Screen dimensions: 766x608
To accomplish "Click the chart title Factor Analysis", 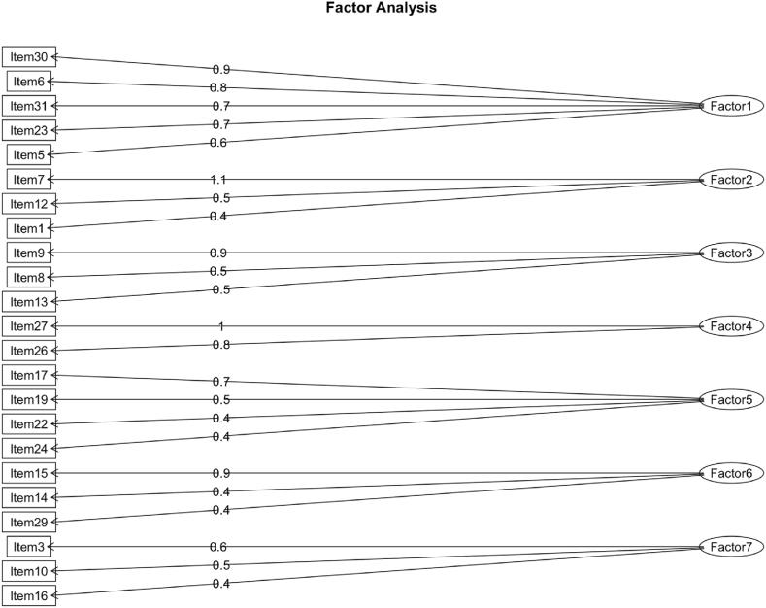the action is tap(382, 9).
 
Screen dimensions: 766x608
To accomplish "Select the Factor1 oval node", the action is tap(731, 106).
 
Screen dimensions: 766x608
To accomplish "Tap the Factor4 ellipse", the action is tap(731, 325).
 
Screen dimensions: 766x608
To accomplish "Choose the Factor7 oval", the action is tap(731, 547).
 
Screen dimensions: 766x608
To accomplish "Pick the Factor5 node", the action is tap(731, 399).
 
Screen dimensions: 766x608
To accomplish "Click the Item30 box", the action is tap(29, 56).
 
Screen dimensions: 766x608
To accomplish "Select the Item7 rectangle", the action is tap(29, 179).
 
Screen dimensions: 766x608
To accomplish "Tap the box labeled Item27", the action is tap(29, 325).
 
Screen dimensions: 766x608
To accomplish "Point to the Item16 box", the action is tap(29, 595).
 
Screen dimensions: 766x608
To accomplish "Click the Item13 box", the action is tap(29, 301).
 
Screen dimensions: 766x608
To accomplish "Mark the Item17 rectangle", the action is tap(29, 375).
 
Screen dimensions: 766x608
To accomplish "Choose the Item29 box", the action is tap(29, 522).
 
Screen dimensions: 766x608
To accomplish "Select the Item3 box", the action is tap(29, 547).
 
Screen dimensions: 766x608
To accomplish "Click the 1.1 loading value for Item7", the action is tap(218, 180).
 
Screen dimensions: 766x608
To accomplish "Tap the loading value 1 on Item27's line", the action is tap(220, 326).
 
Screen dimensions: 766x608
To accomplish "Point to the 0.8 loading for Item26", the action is tap(220, 345).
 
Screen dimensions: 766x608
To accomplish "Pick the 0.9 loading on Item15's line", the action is tap(220, 473).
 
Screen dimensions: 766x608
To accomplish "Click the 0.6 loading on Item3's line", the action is tap(220, 547).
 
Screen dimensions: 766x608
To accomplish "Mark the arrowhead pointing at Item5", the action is tap(53, 154).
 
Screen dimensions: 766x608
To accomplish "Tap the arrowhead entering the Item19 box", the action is tap(53, 399).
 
